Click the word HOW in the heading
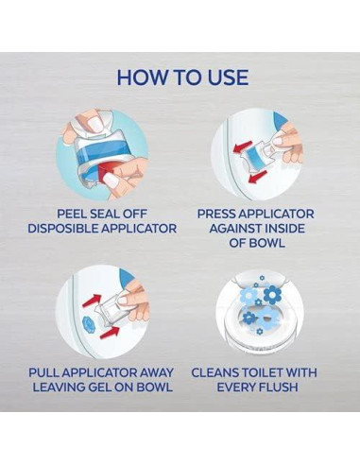141,77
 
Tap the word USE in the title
223,77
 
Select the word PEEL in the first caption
76,214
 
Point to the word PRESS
220,214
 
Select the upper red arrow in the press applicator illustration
243,145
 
